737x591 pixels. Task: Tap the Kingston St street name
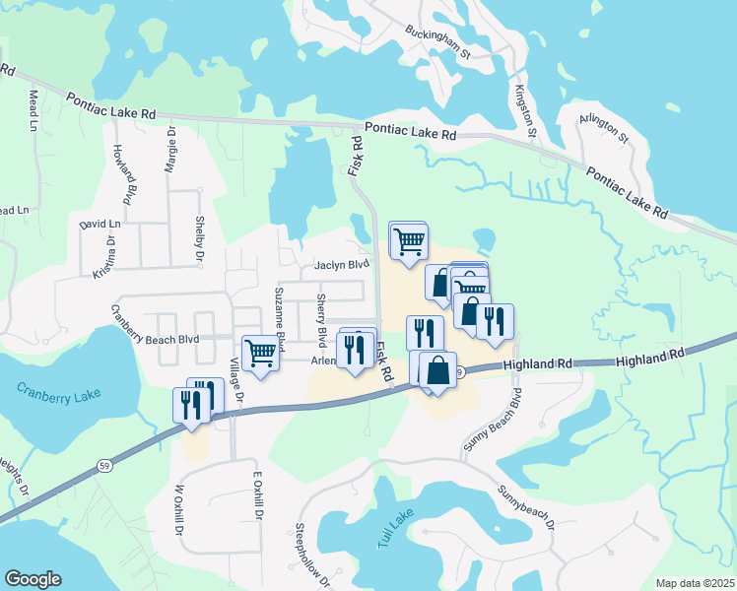pyautogui.click(x=524, y=111)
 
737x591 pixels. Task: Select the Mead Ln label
pyautogui.click(x=33, y=111)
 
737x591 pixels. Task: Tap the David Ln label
pyautogui.click(x=100, y=225)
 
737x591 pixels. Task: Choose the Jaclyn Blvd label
pyautogui.click(x=342, y=265)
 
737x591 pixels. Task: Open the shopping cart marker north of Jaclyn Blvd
pyautogui.click(x=408, y=240)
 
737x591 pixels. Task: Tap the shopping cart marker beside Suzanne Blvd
pyautogui.click(x=260, y=352)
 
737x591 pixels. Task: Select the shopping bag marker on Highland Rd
pyautogui.click(x=437, y=370)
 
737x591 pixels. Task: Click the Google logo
pyautogui.click(x=33, y=579)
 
